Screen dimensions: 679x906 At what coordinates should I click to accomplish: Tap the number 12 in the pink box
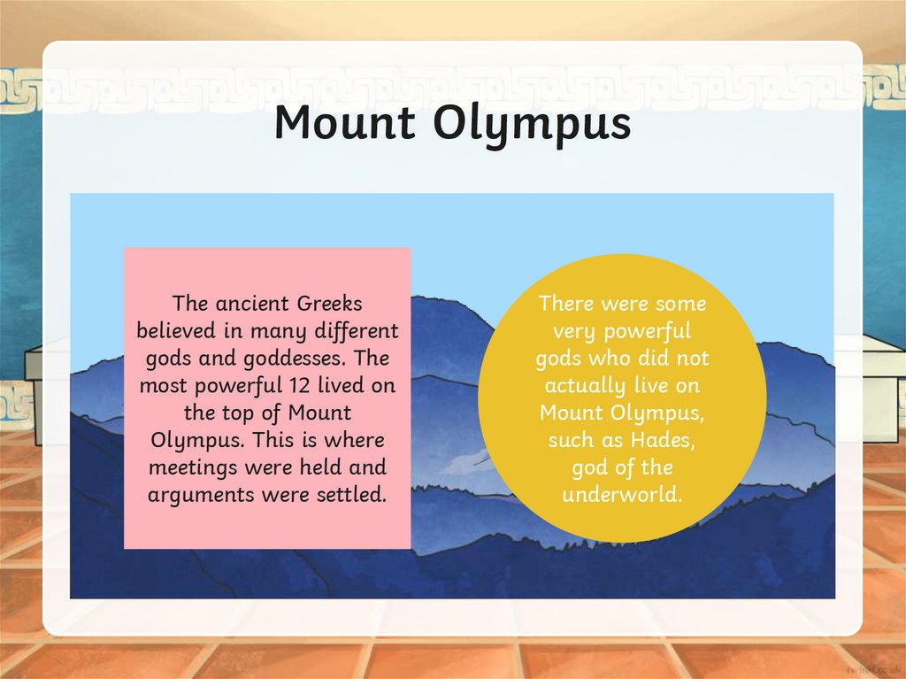pyautogui.click(x=301, y=386)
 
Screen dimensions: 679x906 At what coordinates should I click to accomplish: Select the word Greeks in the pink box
pyautogui.click(x=329, y=304)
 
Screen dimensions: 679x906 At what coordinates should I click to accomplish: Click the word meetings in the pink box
pyautogui.click(x=188, y=467)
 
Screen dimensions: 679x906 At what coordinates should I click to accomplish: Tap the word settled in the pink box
pyautogui.click(x=351, y=494)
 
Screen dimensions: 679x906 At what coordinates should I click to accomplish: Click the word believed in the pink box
pyautogui.click(x=173, y=331)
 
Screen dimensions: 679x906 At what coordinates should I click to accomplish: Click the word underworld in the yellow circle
pyautogui.click(x=622, y=494)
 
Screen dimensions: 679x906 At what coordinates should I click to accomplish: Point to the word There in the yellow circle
pyautogui.click(x=566, y=304)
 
